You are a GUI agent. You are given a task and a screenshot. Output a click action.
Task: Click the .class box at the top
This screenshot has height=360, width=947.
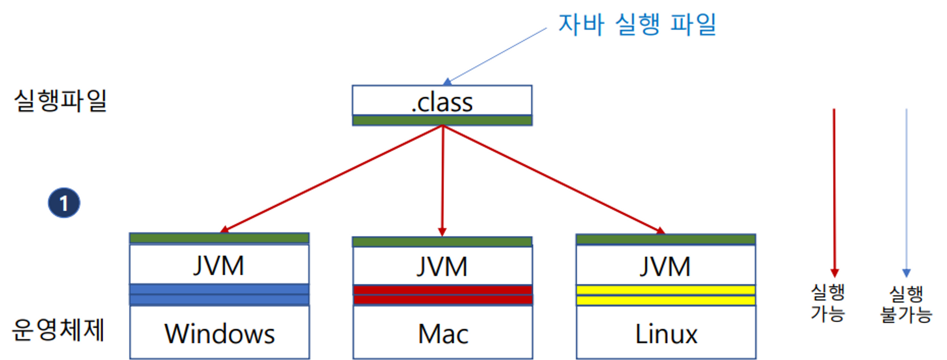(x=442, y=100)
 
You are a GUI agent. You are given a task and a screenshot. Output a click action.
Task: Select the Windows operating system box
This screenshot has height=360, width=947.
(x=220, y=332)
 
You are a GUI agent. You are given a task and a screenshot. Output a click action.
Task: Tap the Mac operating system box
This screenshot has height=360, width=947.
(x=443, y=332)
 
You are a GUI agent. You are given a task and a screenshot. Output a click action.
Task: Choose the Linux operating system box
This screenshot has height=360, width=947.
(x=666, y=332)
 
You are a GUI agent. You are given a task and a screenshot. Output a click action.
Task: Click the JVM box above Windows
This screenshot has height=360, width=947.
(x=219, y=264)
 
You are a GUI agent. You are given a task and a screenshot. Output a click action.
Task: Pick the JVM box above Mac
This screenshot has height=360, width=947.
(x=442, y=265)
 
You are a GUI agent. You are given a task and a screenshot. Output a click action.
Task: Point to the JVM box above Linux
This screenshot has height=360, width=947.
(x=666, y=265)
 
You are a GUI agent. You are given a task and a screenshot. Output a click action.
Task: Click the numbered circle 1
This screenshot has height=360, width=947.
(x=64, y=203)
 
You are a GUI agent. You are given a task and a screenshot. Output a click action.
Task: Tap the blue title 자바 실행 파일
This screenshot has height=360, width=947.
(x=637, y=24)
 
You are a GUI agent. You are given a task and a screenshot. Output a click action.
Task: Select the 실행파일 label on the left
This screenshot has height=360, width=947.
(x=61, y=100)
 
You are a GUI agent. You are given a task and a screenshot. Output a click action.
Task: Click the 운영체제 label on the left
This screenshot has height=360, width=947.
(x=58, y=330)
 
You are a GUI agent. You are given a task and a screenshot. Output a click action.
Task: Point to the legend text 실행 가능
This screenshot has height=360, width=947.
(x=828, y=303)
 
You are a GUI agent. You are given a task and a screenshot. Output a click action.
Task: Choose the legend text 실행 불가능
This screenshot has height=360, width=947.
(x=906, y=304)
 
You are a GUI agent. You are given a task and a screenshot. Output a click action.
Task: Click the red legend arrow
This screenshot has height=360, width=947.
(x=834, y=193)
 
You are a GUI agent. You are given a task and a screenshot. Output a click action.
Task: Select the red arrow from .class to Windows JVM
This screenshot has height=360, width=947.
(x=331, y=179)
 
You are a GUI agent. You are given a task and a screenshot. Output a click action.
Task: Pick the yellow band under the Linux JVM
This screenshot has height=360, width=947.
(x=666, y=295)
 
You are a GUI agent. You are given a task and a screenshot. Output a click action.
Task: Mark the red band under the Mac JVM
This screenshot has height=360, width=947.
(x=443, y=295)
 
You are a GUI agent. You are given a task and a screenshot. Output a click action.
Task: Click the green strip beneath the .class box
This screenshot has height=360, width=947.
(x=442, y=120)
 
